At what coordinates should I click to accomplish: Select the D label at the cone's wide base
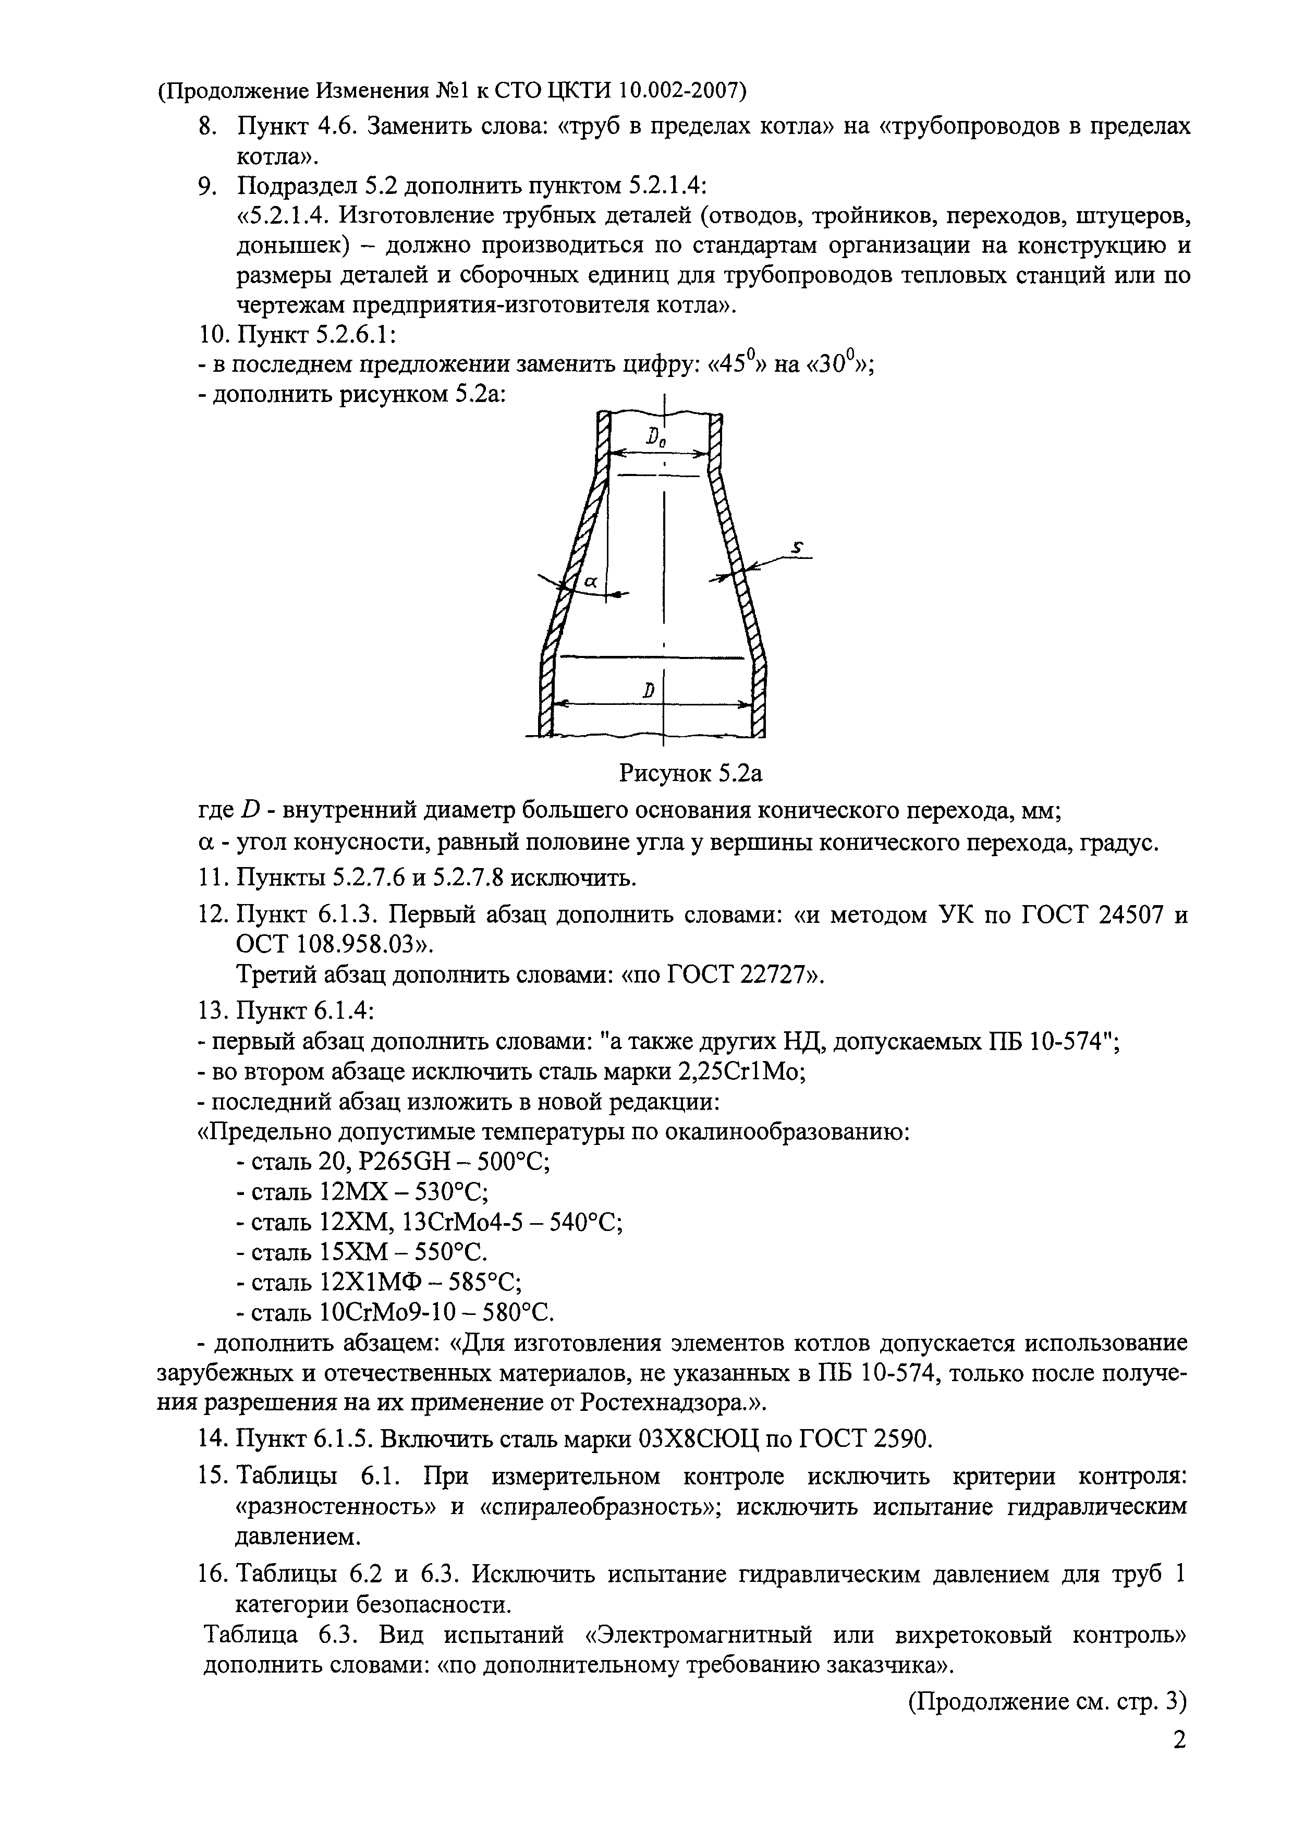pos(649,691)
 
